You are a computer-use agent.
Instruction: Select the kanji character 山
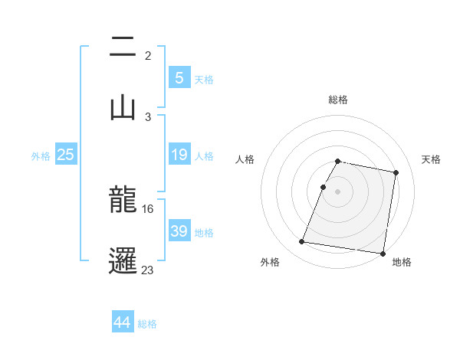123,106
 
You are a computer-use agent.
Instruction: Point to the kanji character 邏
123,259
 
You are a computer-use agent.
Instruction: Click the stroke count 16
148,208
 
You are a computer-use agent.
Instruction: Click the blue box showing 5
179,77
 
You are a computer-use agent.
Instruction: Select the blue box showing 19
179,155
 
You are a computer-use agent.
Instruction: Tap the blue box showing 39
179,231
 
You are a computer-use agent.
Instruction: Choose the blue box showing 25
65,155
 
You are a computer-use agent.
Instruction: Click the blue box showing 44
123,322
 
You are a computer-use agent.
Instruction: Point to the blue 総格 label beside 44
148,324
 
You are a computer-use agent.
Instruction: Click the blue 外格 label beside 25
41,156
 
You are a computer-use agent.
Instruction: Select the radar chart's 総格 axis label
338,100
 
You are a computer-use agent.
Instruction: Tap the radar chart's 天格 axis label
432,159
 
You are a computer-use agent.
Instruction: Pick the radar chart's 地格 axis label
402,262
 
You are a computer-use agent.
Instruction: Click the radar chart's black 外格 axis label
270,262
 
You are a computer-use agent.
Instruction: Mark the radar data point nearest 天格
396,173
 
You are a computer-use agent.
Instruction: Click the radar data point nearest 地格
382,253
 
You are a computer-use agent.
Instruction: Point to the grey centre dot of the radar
338,191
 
